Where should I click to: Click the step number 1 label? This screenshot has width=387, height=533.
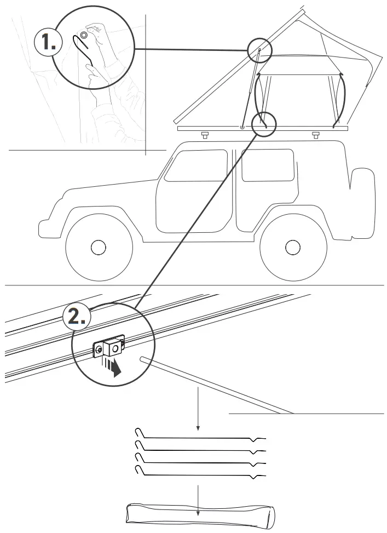tap(46, 42)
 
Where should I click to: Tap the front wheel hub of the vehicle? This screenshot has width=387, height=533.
tap(98, 248)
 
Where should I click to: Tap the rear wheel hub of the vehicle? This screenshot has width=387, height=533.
tap(293, 248)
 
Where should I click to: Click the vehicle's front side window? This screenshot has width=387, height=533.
tap(196, 165)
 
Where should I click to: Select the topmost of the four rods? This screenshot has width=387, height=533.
tap(200, 437)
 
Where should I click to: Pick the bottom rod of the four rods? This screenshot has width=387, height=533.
tap(200, 474)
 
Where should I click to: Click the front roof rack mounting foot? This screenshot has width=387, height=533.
tap(205, 135)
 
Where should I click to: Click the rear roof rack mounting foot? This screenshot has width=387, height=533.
tap(315, 135)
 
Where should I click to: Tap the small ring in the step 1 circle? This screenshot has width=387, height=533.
tap(84, 35)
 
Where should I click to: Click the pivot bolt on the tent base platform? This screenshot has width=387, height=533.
tap(242, 128)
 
